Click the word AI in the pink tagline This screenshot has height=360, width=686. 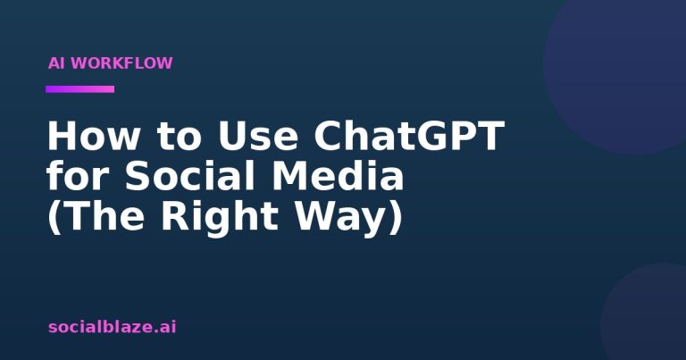point(56,63)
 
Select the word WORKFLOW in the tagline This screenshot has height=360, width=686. point(121,63)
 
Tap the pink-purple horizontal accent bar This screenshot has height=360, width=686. point(80,89)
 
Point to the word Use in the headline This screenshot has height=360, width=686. point(258,136)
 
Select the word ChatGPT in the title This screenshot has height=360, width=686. point(409,136)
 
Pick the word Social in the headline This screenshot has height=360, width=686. point(189,175)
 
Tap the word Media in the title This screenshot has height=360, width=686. point(338,175)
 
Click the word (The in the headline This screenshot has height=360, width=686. point(96,216)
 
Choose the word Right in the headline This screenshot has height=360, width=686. point(220,217)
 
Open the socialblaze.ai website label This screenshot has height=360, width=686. point(112,327)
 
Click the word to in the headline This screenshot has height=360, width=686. point(180,137)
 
